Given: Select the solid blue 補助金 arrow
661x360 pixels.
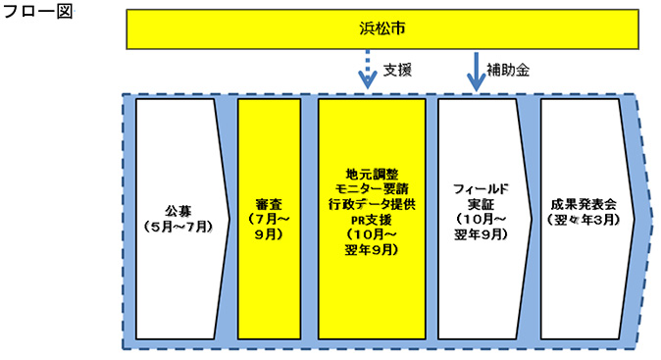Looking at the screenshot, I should tap(477, 74).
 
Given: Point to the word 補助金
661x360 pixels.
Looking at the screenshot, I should tap(509, 70).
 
